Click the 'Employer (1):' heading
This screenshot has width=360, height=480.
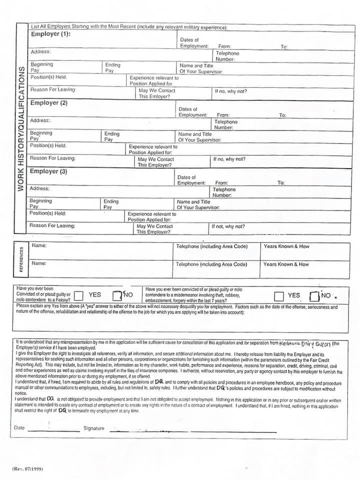coord(50,34)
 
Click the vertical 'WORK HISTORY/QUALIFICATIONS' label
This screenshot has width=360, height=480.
coord(20,128)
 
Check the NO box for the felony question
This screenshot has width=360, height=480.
coord(117,296)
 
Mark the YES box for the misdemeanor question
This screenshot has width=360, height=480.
coord(278,296)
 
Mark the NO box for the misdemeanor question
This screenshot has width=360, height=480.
coord(314,296)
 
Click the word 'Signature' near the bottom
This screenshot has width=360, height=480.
coord(94,428)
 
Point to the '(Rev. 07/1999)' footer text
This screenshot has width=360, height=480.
coord(25,468)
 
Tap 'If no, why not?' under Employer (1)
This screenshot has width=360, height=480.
coord(230,91)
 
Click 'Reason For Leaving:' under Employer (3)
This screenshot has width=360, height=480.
coord(52,225)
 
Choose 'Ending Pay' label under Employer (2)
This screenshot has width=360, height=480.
coord(112,136)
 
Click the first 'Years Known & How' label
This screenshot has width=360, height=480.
coord(286,246)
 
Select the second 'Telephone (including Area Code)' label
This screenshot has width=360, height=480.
coord(211,264)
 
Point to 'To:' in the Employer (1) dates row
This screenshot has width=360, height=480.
coord(284,46)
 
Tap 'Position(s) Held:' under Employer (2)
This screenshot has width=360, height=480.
coord(48,145)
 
